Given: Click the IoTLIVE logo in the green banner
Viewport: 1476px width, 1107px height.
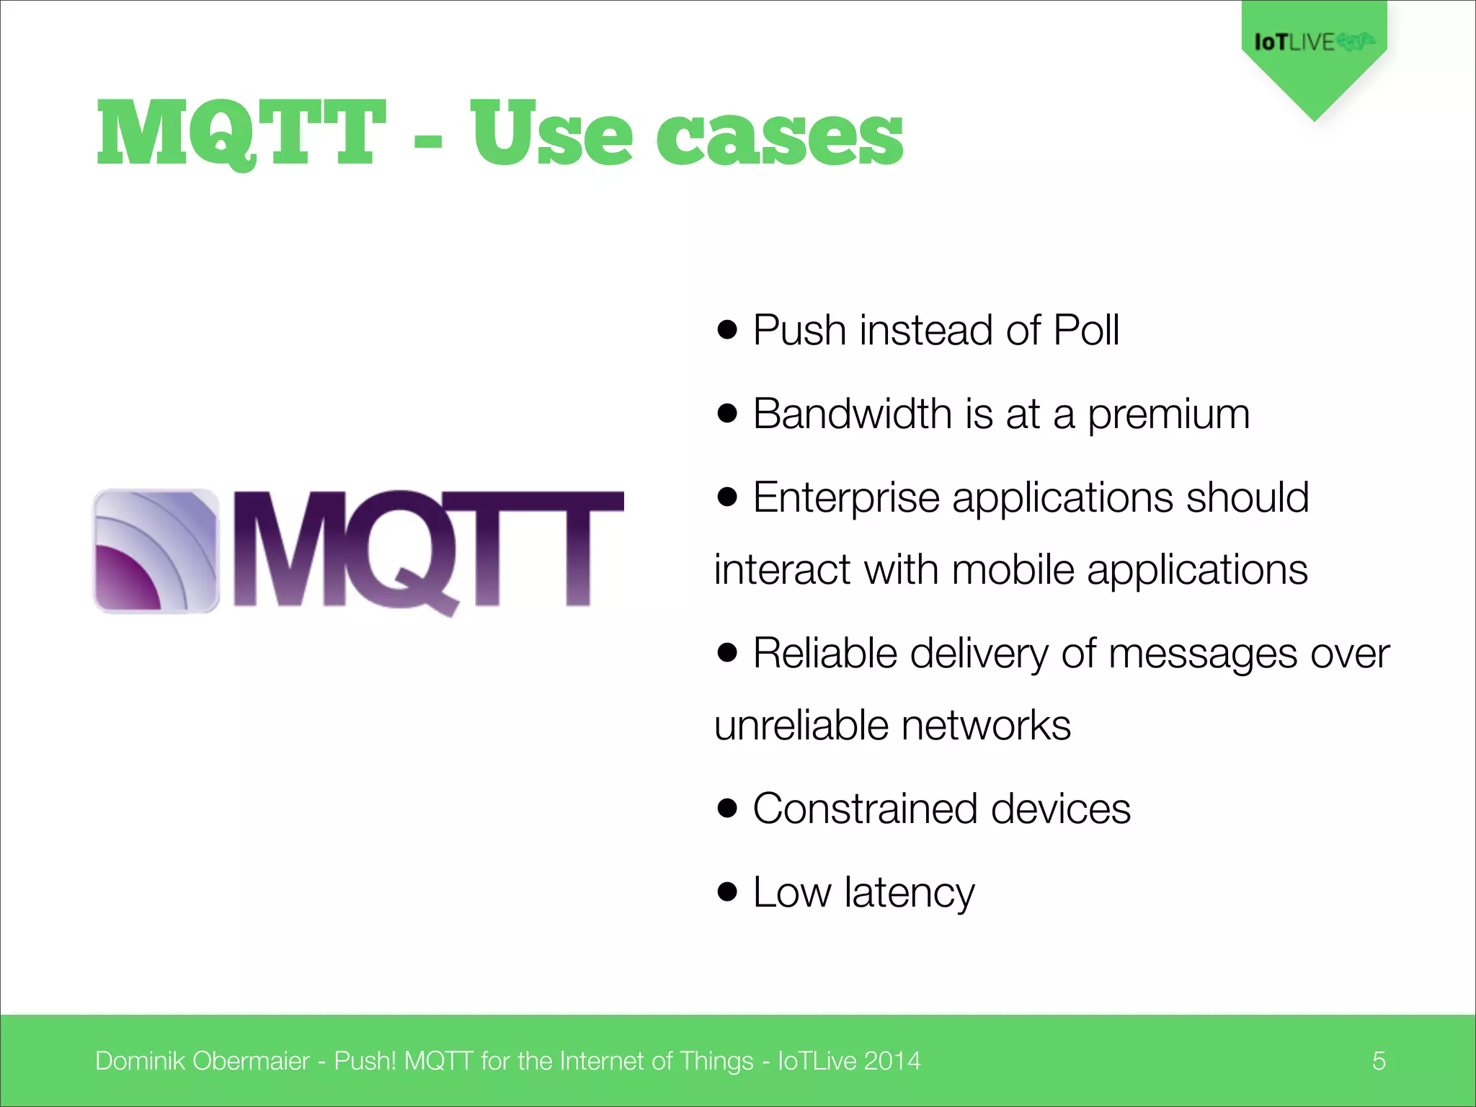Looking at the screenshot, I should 1313,42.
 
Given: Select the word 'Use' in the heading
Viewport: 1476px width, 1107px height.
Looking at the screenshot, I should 551,133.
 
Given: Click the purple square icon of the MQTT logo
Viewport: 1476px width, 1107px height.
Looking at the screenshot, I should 156,551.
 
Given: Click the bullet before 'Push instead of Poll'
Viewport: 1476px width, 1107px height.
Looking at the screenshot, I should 728,330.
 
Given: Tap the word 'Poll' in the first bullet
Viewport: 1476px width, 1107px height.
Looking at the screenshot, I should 1085,331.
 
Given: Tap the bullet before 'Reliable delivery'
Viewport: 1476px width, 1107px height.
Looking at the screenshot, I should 728,653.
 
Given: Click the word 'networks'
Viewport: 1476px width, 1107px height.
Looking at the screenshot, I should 986,725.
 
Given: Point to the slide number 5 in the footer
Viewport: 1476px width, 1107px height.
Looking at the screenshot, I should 1379,1061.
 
